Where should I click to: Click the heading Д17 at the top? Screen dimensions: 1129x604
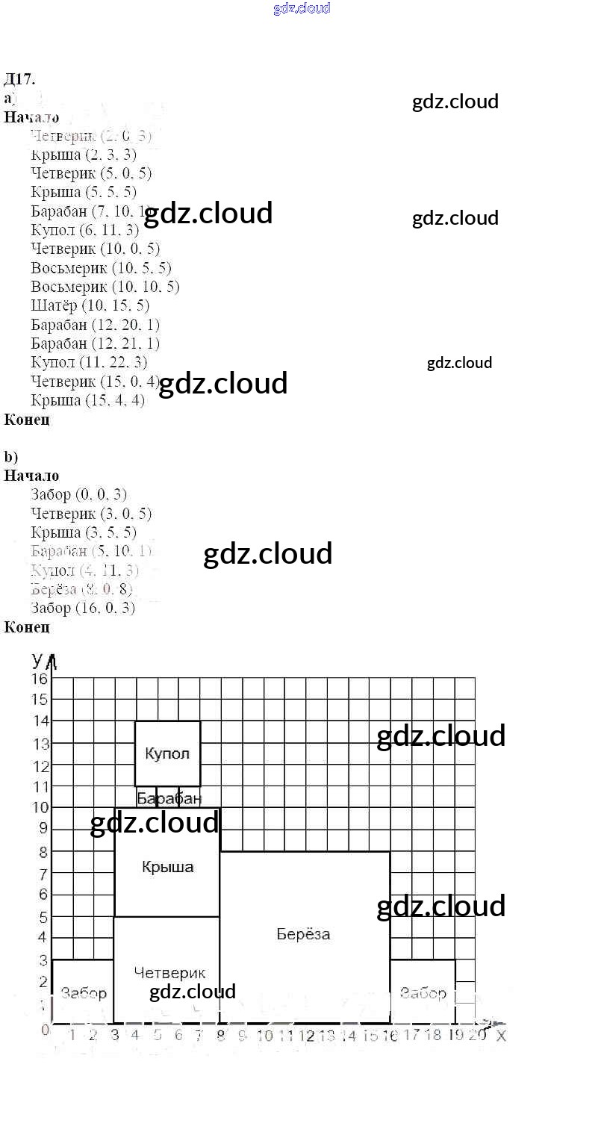[x=19, y=79]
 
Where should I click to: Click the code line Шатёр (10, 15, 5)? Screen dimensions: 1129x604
[x=90, y=305]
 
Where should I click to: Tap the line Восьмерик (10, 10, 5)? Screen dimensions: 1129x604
[x=105, y=287]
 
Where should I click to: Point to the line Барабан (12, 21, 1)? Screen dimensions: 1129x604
[x=96, y=343]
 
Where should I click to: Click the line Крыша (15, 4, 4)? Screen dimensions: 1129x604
[x=88, y=400]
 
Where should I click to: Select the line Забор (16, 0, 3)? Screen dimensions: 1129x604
[x=83, y=608]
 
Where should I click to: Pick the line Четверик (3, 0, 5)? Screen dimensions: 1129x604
[x=91, y=514]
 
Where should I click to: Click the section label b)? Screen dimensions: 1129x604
[x=10, y=457]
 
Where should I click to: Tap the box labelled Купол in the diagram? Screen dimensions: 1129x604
[x=167, y=753]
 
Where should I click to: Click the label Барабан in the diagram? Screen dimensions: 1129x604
[x=169, y=799]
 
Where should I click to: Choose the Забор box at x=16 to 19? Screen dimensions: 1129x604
[x=423, y=992]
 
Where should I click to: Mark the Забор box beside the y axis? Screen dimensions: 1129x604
[x=83, y=992]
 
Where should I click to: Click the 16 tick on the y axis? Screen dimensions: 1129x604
[x=39, y=678]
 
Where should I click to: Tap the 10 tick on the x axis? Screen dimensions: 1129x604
[x=264, y=1036]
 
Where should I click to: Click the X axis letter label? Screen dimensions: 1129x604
[x=501, y=1036]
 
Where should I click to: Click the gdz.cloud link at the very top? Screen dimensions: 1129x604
[x=302, y=9]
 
